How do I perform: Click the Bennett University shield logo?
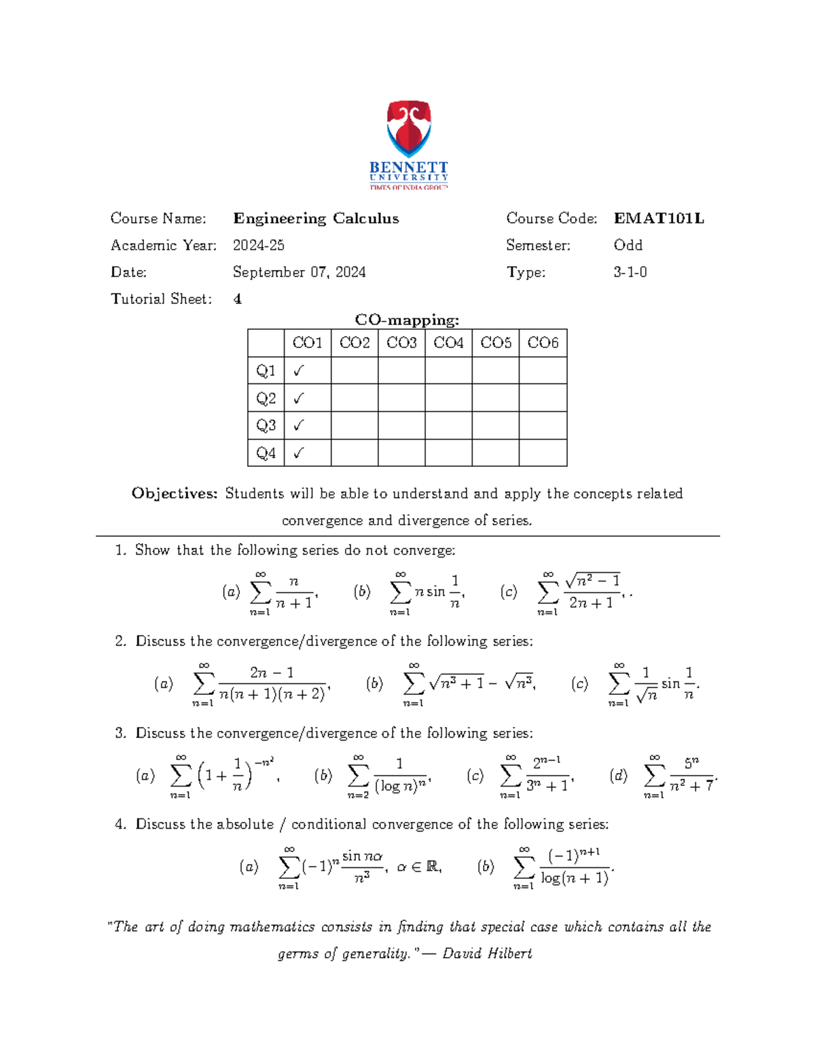coord(408,129)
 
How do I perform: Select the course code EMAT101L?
coord(658,219)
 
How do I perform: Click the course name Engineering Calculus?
coord(316,219)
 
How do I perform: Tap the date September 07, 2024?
coord(299,272)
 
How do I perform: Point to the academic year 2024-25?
coord(258,245)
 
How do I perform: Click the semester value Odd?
coord(628,245)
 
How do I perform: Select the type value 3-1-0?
coord(630,272)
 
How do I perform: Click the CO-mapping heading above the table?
coord(407,320)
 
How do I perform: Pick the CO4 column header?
coord(448,343)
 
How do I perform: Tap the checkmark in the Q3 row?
coord(299,426)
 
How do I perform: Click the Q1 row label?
coord(266,371)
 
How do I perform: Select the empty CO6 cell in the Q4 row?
coord(543,453)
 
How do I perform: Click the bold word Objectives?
coord(175,493)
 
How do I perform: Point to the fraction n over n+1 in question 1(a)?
coord(294,592)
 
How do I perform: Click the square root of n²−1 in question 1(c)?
coord(592,580)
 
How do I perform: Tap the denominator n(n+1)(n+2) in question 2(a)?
coord(272,695)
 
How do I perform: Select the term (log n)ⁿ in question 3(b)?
coord(401,786)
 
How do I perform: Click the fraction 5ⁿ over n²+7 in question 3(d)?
coord(691,775)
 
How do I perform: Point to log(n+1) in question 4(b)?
coord(575,878)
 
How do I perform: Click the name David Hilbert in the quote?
coord(487,954)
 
